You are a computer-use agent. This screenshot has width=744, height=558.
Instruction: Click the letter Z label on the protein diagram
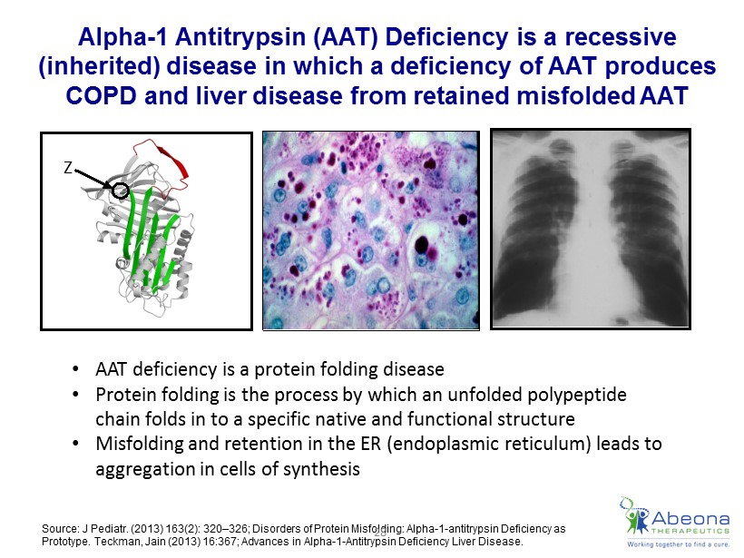(x=68, y=168)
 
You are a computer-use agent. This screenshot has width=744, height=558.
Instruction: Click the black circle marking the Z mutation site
(x=121, y=191)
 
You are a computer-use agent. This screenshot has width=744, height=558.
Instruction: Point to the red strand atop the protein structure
(x=174, y=162)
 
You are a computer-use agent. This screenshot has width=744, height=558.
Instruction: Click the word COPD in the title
(x=101, y=96)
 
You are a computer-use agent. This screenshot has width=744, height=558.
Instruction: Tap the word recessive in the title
(x=621, y=37)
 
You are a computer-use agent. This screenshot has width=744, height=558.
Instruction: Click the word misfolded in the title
(x=575, y=96)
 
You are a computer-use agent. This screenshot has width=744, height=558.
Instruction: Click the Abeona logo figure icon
(x=634, y=515)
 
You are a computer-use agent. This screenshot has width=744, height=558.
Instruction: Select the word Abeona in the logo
(x=690, y=518)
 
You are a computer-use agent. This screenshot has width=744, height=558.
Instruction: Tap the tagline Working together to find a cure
(x=678, y=544)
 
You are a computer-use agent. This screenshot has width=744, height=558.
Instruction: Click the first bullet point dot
(x=75, y=369)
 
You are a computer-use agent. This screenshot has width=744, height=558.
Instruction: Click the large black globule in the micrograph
(x=421, y=244)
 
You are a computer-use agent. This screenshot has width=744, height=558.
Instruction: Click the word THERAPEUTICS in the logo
(x=690, y=532)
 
